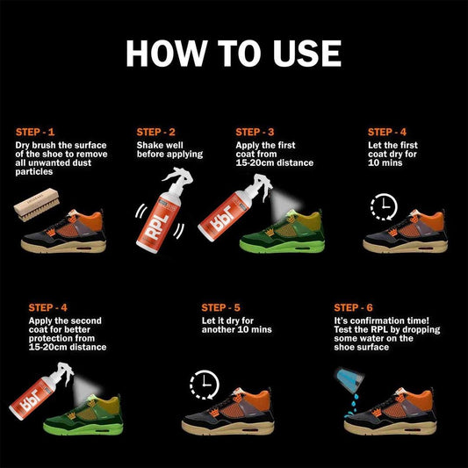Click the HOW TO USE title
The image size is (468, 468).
[x=234, y=53]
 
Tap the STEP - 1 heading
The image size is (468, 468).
[x=36, y=132]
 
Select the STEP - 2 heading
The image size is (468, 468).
[x=155, y=132]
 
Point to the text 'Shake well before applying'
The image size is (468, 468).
[x=169, y=149]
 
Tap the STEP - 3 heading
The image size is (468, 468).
[x=256, y=132]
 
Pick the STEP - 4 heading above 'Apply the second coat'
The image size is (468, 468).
[x=49, y=308]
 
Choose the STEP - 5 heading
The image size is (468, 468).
[x=220, y=308]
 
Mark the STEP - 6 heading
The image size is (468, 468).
[x=355, y=308]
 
